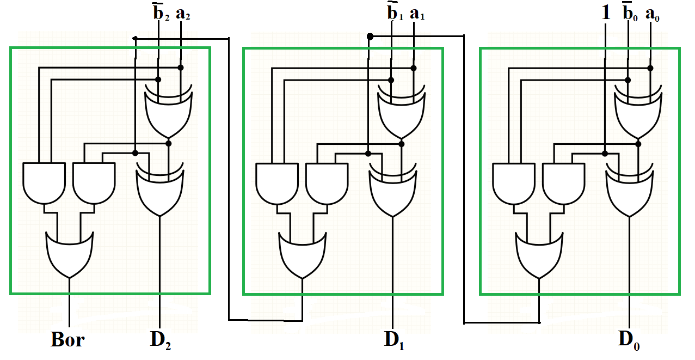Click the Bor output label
click(x=68, y=339)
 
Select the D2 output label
click(x=161, y=339)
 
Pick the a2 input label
click(x=182, y=14)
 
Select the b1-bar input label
click(x=393, y=13)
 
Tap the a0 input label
click(x=651, y=14)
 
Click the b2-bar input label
click(x=160, y=13)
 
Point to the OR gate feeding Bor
click(x=70, y=253)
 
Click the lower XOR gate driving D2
click(x=160, y=191)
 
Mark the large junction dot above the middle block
click(x=370, y=36)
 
